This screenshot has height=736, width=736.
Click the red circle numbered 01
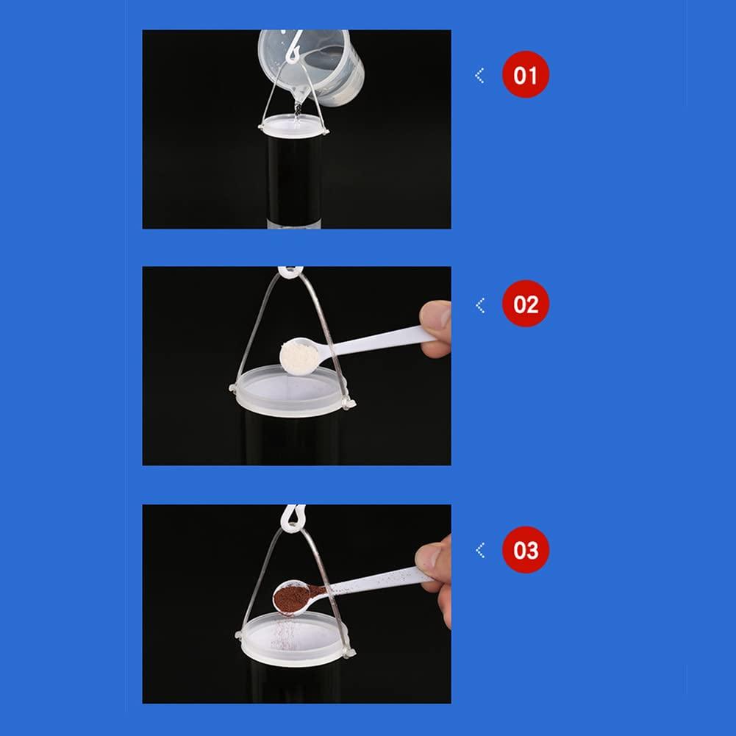tap(526, 75)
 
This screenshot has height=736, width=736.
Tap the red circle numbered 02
tap(526, 304)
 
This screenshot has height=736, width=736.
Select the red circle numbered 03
tap(526, 550)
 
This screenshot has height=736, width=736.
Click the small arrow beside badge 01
tap(479, 75)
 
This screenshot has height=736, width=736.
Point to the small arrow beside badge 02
tap(479, 304)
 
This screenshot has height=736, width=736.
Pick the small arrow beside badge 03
tap(479, 550)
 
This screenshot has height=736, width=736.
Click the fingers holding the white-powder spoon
tap(437, 328)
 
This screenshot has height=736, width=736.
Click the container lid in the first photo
tap(293, 126)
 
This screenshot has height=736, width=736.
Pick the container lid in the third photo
tap(292, 637)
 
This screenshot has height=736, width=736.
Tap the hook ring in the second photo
tap(287, 272)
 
